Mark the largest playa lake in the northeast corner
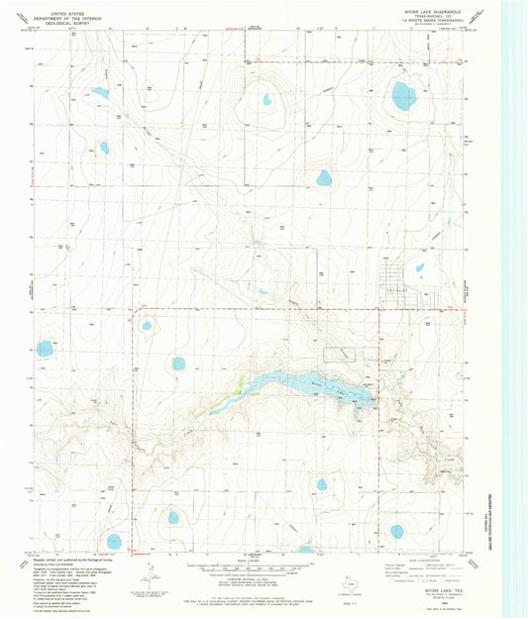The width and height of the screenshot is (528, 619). (x=403, y=95)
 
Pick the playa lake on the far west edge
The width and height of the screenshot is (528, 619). (x=45, y=348)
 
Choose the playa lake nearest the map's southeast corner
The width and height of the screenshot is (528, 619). (x=397, y=531)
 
